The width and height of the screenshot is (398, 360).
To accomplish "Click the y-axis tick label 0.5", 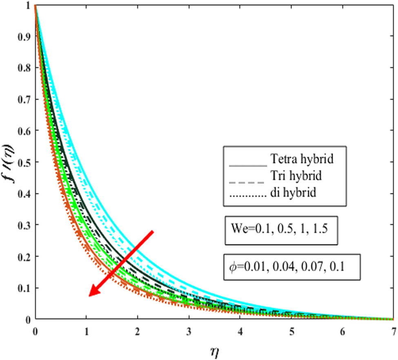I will click(x=26, y=162).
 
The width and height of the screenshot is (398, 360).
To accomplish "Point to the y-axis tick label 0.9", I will click(x=26, y=36).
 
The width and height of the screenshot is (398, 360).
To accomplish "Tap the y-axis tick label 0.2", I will click(x=26, y=256).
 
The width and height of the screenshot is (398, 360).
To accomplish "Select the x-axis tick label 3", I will click(x=189, y=329).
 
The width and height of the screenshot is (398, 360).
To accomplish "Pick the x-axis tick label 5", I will click(x=291, y=329).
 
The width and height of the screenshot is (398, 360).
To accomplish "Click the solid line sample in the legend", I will click(x=247, y=165).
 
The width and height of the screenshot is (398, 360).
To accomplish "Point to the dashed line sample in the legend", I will click(x=247, y=181).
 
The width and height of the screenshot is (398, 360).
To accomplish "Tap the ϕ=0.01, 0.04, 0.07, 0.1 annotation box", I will click(x=291, y=267).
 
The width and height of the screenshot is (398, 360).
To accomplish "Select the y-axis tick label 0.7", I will click(x=26, y=99).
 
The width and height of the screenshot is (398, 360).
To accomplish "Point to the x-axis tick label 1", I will click(x=86, y=329).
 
